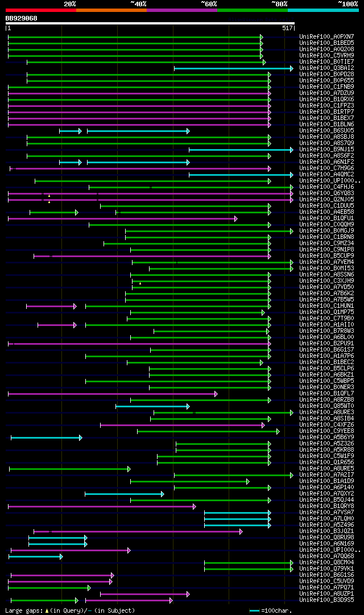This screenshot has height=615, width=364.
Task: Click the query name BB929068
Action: tap(22, 18)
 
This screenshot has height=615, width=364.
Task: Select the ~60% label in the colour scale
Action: tap(209, 4)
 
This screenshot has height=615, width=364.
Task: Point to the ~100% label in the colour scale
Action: tap(348, 4)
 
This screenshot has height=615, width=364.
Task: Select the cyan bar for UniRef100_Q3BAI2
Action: tap(233, 68)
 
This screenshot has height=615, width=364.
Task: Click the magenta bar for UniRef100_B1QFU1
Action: tap(122, 218)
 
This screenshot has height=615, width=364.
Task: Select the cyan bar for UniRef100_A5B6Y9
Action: tap(46, 437)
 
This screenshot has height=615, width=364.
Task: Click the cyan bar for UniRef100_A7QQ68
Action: tap(35, 556)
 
